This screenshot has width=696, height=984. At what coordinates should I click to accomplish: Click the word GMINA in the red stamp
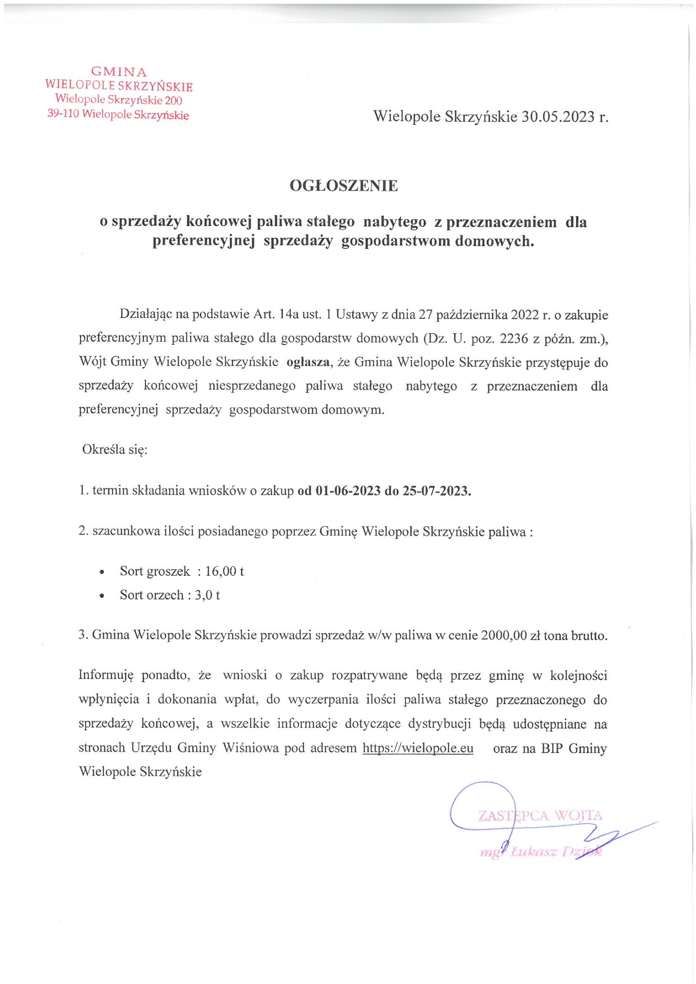tap(119, 72)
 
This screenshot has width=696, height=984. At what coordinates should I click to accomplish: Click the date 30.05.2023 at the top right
tap(558, 117)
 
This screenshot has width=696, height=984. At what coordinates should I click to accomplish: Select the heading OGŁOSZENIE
tap(344, 186)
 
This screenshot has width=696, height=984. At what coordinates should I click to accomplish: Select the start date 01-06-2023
tap(348, 491)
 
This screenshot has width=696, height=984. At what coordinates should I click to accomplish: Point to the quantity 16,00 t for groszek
tap(224, 571)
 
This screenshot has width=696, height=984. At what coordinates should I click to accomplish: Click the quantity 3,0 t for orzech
tap(207, 595)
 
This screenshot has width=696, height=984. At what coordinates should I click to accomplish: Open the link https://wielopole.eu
tap(418, 748)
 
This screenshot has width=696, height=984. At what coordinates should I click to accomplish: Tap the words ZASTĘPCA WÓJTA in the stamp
tap(540, 815)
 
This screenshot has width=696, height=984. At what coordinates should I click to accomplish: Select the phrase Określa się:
tap(115, 450)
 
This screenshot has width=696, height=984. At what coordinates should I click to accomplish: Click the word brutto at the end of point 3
tap(589, 636)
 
